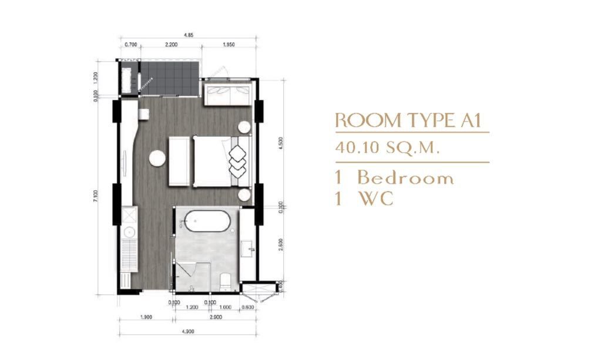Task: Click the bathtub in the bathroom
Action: [206, 227]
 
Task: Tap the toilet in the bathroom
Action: [224, 280]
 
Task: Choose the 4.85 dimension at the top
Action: [189, 35]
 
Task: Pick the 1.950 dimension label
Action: [229, 45]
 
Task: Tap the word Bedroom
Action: [405, 178]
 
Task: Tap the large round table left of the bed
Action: [157, 157]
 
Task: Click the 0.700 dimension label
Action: [132, 45]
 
